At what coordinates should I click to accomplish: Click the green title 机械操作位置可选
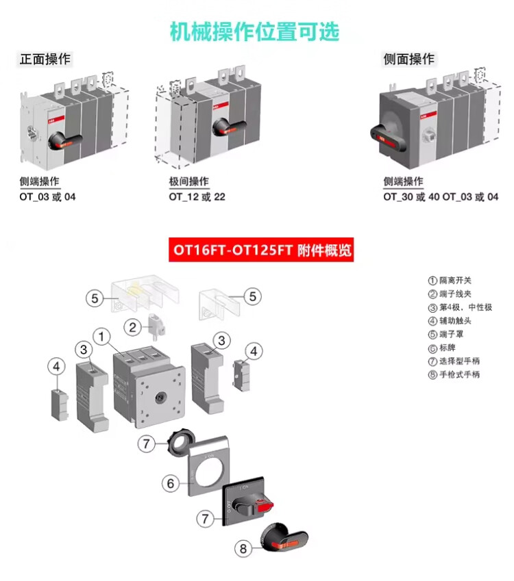pos(255,31)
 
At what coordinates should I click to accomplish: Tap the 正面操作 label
pos(45,60)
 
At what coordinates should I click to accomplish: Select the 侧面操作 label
pos(408,60)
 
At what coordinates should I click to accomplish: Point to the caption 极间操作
pos(189,181)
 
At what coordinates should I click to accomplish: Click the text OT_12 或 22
pos(197,197)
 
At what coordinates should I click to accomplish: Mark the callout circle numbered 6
pos(170,483)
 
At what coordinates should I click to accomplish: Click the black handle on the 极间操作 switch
pos(230,126)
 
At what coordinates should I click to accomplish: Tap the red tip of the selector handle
pos(265,507)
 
